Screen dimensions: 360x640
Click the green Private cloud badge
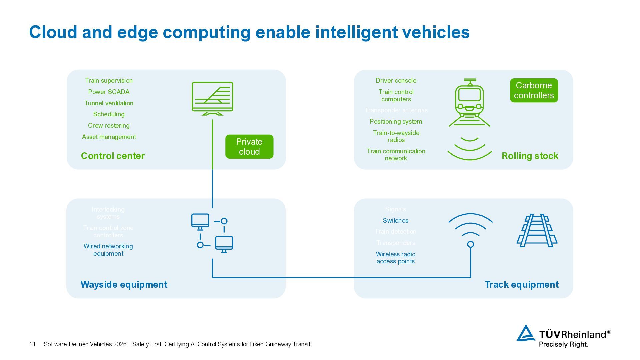[249, 147]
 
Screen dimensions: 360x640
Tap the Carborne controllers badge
[534, 90]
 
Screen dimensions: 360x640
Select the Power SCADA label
[109, 92]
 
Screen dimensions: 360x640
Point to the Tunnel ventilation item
[109, 103]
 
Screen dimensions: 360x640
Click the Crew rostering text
[109, 125]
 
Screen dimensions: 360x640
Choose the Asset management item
[109, 137]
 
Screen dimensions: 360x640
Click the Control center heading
[113, 156]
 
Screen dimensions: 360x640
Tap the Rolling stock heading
[530, 156]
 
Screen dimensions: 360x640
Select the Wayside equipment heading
[124, 284]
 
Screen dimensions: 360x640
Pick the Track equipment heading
[521, 284]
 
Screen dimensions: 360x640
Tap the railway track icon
[537, 230]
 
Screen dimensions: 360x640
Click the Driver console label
[396, 80]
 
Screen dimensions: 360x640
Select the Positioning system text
[396, 121]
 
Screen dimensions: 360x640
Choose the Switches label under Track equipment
[396, 220]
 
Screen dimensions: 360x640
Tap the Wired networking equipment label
[108, 250]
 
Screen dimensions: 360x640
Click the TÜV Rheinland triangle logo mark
[526, 333]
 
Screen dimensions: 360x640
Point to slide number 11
[32, 344]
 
